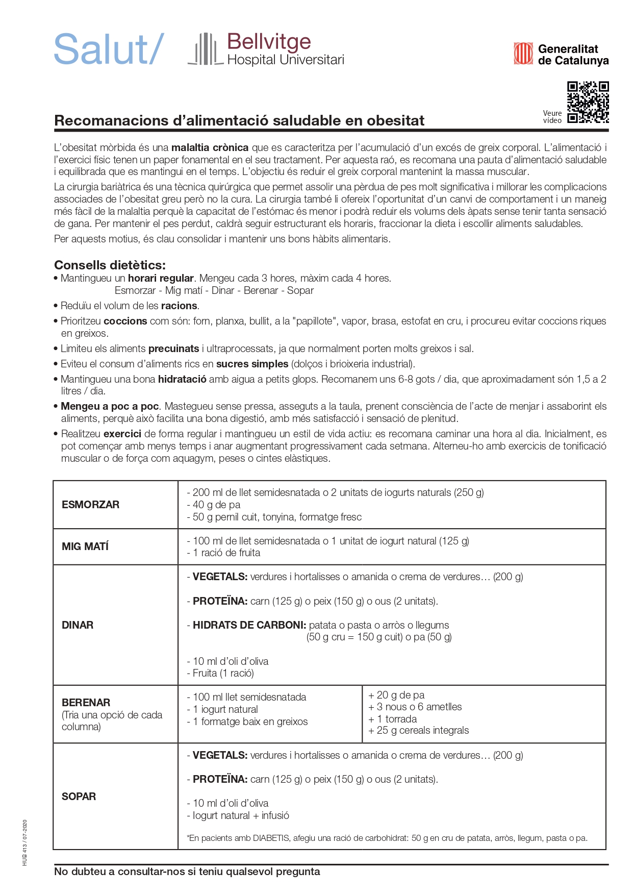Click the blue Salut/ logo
point(109,49)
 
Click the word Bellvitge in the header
point(269,42)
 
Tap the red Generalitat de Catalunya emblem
point(523,54)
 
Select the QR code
point(588,102)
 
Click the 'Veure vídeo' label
point(552,117)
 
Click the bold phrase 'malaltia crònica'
point(210,147)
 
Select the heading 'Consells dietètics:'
point(110,265)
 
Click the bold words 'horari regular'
point(161,278)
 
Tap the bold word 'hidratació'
point(182,379)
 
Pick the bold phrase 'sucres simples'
point(252,364)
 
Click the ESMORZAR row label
point(90,505)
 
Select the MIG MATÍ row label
point(85,546)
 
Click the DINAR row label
point(78,625)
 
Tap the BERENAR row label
point(86,703)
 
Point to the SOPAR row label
point(79,797)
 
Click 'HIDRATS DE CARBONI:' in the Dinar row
point(249,625)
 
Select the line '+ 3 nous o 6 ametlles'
point(415,707)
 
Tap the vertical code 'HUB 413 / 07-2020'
point(24,842)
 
